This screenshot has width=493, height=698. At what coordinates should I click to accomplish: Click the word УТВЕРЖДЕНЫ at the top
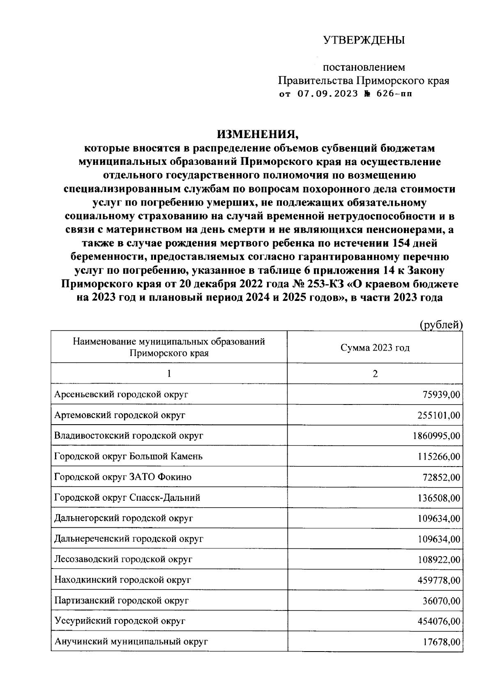pyautogui.click(x=364, y=40)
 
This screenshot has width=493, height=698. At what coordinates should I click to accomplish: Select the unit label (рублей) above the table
pyautogui.click(x=441, y=325)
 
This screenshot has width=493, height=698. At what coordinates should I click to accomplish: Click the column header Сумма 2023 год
pyautogui.click(x=375, y=348)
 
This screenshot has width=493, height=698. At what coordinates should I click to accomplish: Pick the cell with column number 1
pyautogui.click(x=169, y=374)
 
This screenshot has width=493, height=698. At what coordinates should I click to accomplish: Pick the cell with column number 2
pyautogui.click(x=375, y=374)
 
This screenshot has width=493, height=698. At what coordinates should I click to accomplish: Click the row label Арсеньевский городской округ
pyautogui.click(x=121, y=395)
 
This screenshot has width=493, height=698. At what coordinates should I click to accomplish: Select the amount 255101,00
pyautogui.click(x=439, y=416)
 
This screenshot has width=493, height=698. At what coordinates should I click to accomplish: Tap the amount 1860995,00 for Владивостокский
pyautogui.click(x=436, y=436)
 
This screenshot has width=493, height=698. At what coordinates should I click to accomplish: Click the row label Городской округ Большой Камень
pyautogui.click(x=128, y=456)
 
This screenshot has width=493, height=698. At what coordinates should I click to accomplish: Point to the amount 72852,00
pyautogui.click(x=441, y=477)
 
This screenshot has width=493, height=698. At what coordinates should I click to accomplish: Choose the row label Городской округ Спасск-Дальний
pyautogui.click(x=127, y=498)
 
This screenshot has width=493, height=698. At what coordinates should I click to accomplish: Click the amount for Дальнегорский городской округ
pyautogui.click(x=439, y=518)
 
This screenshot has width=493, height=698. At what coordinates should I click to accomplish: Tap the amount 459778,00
pyautogui.click(x=439, y=580)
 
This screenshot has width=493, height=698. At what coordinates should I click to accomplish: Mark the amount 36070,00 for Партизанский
pyautogui.click(x=441, y=601)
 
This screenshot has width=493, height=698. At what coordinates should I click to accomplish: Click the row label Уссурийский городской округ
pyautogui.click(x=120, y=621)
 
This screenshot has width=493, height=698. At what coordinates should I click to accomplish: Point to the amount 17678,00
pyautogui.click(x=441, y=642)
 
